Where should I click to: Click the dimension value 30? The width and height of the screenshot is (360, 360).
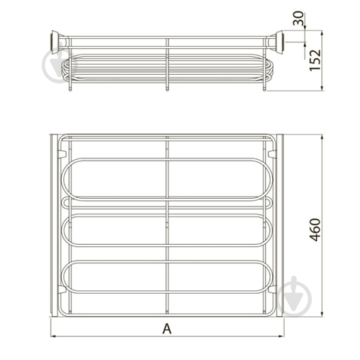(x=299, y=18)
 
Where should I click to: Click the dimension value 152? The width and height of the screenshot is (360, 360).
(x=315, y=60)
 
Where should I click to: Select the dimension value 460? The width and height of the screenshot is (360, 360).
(x=315, y=230)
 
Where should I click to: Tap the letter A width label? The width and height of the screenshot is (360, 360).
(x=167, y=328)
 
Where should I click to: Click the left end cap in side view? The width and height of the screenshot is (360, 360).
(x=55, y=41)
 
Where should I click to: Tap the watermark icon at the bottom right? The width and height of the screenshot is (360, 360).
(x=294, y=297)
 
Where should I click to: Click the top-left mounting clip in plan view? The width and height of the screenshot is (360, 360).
(x=62, y=153)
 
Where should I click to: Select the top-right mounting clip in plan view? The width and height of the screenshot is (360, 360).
(x=272, y=153)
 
